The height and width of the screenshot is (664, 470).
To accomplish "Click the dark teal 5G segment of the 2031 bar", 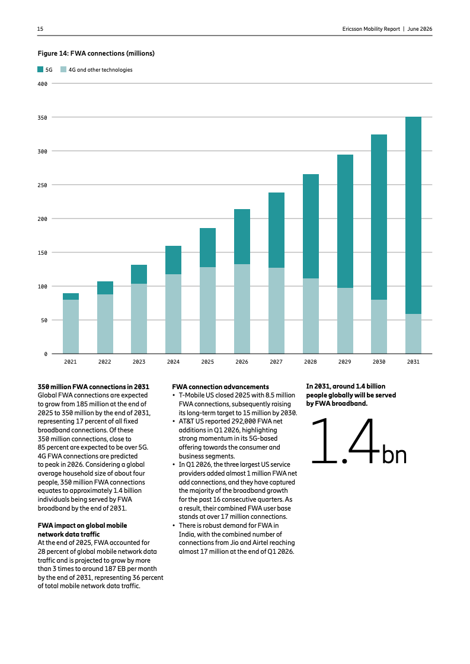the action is click(x=413, y=215).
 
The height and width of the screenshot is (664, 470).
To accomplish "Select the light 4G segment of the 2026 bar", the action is click(x=242, y=309).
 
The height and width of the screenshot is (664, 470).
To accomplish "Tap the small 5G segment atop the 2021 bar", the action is click(x=71, y=296).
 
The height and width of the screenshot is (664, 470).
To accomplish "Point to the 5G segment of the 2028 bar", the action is click(x=311, y=226).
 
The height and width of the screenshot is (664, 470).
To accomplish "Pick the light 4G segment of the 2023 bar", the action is click(x=139, y=319).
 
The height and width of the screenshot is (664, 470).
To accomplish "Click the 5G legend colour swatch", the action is click(x=40, y=69).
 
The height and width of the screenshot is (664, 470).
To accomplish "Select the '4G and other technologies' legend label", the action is click(x=100, y=70).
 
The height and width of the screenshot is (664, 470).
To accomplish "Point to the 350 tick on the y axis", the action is click(x=43, y=117).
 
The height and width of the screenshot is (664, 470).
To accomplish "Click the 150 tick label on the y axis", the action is click(x=43, y=253).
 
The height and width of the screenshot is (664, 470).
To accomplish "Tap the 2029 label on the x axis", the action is click(x=344, y=362).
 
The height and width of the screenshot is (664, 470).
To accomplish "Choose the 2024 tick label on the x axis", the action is click(x=173, y=362).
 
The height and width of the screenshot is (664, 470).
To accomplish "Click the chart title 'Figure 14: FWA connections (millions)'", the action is click(x=96, y=53).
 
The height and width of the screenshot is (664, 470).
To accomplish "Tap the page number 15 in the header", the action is click(x=40, y=29).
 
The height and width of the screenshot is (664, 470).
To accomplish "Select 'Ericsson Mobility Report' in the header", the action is click(x=371, y=29).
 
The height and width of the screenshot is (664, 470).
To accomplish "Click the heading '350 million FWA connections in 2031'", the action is click(x=94, y=387).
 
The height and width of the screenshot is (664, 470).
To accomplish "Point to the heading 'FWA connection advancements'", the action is click(x=220, y=387).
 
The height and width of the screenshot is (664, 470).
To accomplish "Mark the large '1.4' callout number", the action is click(x=344, y=441).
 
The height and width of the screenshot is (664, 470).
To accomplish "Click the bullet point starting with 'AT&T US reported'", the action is click(x=231, y=439).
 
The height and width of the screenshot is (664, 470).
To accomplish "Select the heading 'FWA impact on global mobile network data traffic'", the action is click(x=82, y=530).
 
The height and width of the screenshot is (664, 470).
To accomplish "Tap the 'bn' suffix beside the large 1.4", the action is click(x=395, y=454).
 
